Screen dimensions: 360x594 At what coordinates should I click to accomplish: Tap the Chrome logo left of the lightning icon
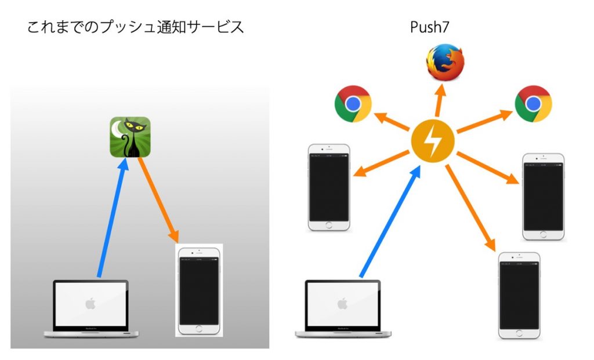[x=353, y=104]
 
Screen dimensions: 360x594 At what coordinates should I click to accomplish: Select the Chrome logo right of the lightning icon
[x=533, y=104]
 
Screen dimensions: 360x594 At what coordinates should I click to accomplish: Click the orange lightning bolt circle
[x=432, y=141]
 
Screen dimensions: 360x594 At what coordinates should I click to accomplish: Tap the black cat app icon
[x=130, y=137]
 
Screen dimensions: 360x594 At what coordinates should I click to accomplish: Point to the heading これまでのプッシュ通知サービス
[x=135, y=27]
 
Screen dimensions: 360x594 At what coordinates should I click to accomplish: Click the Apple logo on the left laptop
[x=90, y=303]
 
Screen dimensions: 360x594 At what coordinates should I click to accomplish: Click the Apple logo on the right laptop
[x=342, y=303]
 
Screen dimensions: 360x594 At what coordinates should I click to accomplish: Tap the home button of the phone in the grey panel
[x=199, y=328]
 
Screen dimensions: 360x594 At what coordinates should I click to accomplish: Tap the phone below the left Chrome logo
[x=329, y=187]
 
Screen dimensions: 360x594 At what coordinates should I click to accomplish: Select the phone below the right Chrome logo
[x=543, y=197]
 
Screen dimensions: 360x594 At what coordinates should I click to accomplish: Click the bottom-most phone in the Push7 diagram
[x=519, y=295]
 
